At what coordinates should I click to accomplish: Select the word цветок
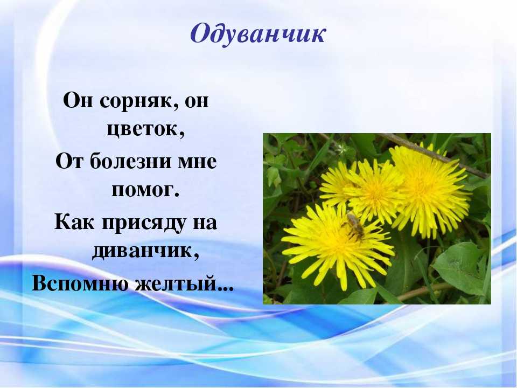pyautogui.click(x=145, y=129)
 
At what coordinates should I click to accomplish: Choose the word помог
pyautogui.click(x=145, y=190)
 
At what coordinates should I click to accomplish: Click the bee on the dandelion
pyautogui.click(x=354, y=226)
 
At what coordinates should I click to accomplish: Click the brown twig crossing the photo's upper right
pyautogui.click(x=435, y=155)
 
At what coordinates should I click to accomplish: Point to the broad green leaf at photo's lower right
pyautogui.click(x=460, y=267)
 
